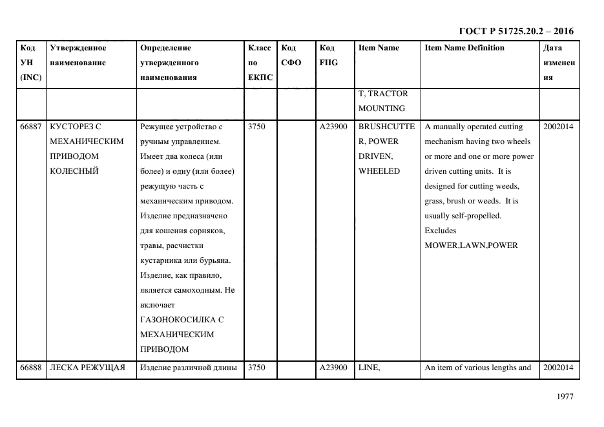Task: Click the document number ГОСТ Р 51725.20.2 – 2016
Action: [x=515, y=31]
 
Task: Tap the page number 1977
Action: [x=565, y=397]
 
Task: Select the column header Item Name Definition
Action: [x=464, y=48]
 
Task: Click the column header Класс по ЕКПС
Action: [x=260, y=63]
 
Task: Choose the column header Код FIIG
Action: [x=328, y=56]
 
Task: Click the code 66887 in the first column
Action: [x=31, y=127]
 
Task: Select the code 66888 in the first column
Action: [x=31, y=368]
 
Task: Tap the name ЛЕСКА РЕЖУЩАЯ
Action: [x=87, y=368]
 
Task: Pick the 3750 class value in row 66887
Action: [x=256, y=127]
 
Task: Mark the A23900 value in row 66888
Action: [x=333, y=368]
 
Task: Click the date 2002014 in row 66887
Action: [x=557, y=127]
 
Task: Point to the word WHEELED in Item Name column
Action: [x=379, y=171]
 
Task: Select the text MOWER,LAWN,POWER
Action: [x=471, y=245]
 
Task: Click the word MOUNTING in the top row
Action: [x=381, y=109]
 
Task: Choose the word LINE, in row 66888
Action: [x=369, y=368]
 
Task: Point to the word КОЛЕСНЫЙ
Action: [x=74, y=171]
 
